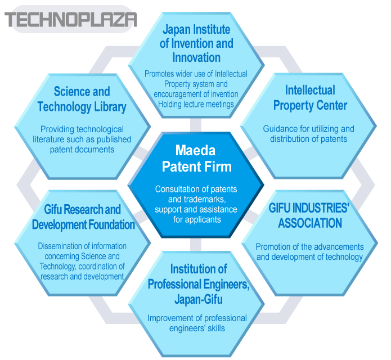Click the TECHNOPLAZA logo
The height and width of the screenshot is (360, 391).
coord(70,20)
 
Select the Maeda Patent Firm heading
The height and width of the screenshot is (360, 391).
coord(196,158)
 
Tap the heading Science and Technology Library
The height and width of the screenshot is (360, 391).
coord(82,99)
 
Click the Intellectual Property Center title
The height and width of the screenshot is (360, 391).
coord(310,98)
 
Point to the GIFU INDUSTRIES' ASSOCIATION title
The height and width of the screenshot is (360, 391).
coord(309,215)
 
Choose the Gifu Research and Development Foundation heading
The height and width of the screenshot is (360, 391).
coord(83,217)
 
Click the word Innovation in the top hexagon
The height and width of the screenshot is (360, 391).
coord(196,57)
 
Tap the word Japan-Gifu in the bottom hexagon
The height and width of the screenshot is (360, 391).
coord(199,299)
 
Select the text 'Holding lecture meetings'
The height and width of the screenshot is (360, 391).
coord(196,104)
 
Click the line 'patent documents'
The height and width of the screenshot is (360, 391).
coord(82,150)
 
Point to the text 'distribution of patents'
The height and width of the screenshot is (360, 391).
coord(308,139)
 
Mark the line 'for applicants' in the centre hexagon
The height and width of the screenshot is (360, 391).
coord(197,219)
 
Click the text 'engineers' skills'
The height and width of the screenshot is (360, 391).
coord(197,328)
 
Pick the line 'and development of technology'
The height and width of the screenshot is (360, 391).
coord(309,257)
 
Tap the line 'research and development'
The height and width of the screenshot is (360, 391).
coord(82,277)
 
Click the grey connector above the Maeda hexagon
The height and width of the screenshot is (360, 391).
coord(196,125)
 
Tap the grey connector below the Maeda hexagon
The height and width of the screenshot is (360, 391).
coord(196,244)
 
